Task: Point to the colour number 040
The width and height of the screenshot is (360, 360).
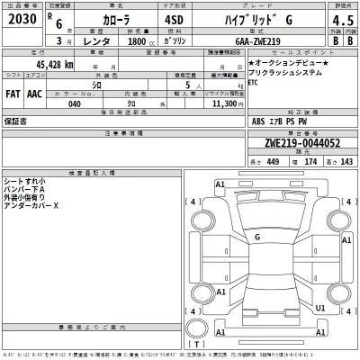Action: (74, 104)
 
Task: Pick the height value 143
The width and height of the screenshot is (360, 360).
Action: (346, 162)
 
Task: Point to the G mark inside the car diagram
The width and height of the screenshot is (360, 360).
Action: (258, 237)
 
